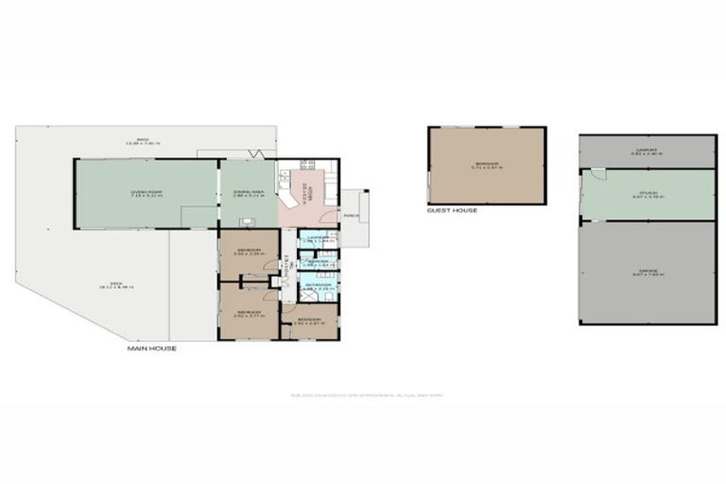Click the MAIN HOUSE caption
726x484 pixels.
pos(152,349)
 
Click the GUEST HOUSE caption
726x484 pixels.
pos(452,210)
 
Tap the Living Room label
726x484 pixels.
pos(146,193)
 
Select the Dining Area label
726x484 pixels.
pos(248,193)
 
